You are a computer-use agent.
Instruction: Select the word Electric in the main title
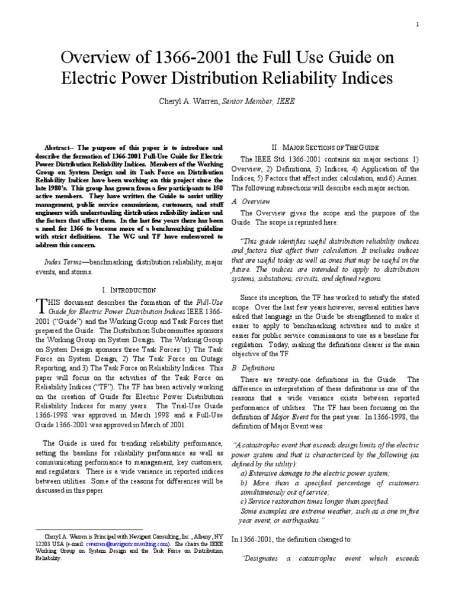(102, 79)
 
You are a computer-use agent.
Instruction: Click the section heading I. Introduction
(129, 290)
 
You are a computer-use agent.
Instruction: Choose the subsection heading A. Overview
(257, 201)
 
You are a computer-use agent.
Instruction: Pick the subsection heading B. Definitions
(259, 368)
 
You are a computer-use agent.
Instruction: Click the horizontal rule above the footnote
(71, 530)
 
